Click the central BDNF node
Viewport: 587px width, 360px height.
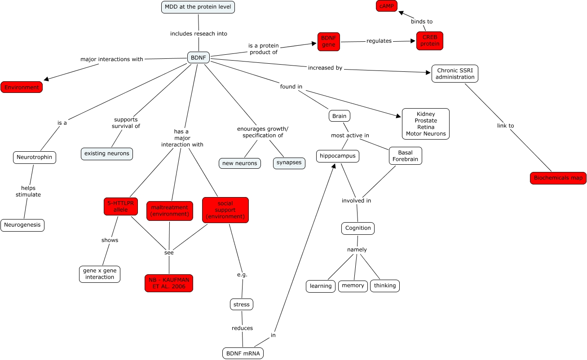(x=198, y=57)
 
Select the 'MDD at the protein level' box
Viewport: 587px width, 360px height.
(x=198, y=7)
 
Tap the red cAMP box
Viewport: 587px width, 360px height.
(x=387, y=6)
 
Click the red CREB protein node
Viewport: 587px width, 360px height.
(x=430, y=41)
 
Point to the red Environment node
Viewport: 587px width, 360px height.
(x=22, y=87)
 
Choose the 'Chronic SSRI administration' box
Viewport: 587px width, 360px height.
(x=455, y=74)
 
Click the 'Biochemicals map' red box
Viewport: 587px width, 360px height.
(x=558, y=178)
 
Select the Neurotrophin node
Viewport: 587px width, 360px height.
(x=35, y=158)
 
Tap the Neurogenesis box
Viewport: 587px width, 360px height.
(x=22, y=225)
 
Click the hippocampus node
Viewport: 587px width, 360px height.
(x=338, y=156)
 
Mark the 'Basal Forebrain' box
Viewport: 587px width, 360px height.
(x=405, y=156)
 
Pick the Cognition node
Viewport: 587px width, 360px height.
(x=358, y=228)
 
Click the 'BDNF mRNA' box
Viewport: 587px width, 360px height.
(x=243, y=353)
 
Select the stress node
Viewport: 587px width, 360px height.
(x=241, y=304)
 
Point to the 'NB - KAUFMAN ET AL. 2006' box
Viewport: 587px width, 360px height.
(x=169, y=283)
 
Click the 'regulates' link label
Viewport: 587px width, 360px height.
(x=379, y=41)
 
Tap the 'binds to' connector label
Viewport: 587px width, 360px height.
(x=422, y=22)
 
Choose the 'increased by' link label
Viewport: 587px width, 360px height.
(x=325, y=68)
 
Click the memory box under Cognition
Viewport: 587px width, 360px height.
(x=353, y=286)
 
